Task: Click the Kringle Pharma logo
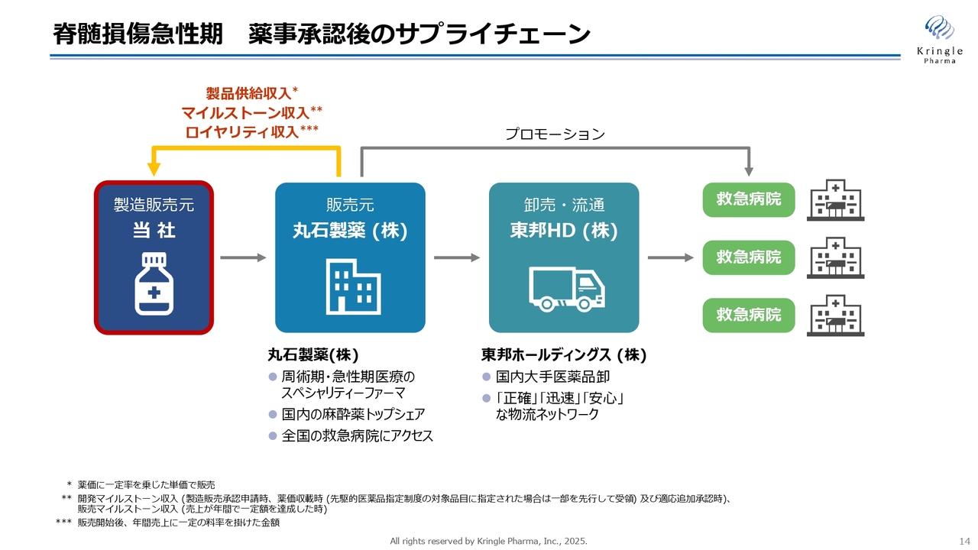coord(940,40)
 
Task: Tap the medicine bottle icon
coord(154,283)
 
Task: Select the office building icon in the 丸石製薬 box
coord(353,286)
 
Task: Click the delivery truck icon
coord(567,289)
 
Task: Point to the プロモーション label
coord(555,134)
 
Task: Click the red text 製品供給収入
coord(248,93)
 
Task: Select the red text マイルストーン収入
coord(245,112)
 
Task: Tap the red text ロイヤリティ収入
coord(242,132)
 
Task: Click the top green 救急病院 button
coord(748,199)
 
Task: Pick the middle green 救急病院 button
coord(748,257)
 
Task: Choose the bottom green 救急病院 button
coord(748,315)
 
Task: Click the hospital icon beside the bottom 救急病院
coord(835,315)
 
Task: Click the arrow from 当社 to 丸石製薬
coord(243,257)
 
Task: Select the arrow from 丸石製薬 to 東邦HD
coord(457,257)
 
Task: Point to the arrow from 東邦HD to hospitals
coord(671,257)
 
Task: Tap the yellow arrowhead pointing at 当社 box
coord(154,170)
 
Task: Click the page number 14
coord(964,542)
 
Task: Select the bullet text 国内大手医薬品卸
coord(552,377)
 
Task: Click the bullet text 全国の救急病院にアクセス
coord(357,435)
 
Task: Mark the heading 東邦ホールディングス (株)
coord(564,355)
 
